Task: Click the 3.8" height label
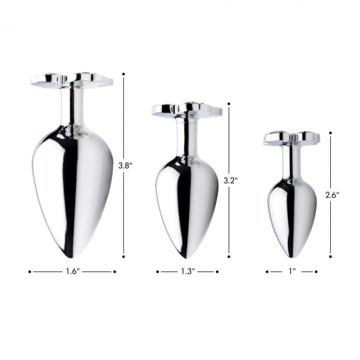pyautogui.click(x=125, y=165)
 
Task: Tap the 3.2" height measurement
pyautogui.click(x=231, y=180)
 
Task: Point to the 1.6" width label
pyautogui.click(x=73, y=272)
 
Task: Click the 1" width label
pyautogui.click(x=291, y=272)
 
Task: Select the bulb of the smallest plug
pyautogui.click(x=291, y=211)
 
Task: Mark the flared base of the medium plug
pyautogui.click(x=186, y=110)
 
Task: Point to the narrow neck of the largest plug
pyautogui.click(x=72, y=107)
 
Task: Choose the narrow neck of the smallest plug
pyautogui.click(x=291, y=161)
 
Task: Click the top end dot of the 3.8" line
pyautogui.click(x=124, y=73)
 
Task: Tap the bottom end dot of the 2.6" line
pyautogui.click(x=331, y=254)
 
